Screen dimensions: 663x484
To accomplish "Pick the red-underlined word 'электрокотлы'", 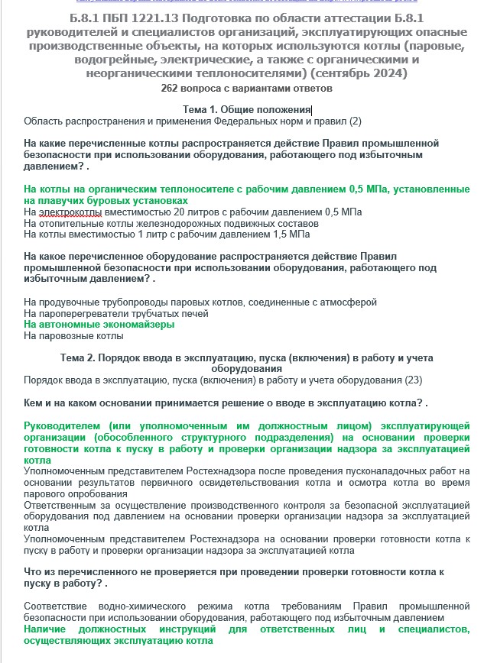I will click(67, 212).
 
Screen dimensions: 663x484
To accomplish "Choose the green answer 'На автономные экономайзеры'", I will click(99, 325).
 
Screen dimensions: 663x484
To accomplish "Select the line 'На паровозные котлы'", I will click(73, 335).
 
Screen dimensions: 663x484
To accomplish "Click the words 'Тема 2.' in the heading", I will click(80, 358).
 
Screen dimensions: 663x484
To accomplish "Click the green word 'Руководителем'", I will click(63, 425).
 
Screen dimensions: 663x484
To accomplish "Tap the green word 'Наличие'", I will click(47, 629).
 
